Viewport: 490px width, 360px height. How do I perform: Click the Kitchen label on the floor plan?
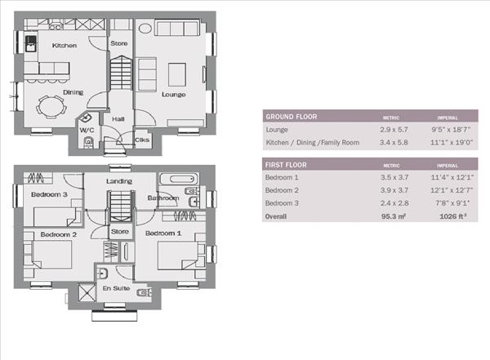click(x=65, y=46)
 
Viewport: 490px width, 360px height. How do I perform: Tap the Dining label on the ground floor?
click(x=73, y=92)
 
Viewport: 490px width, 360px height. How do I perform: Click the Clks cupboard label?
click(x=142, y=140)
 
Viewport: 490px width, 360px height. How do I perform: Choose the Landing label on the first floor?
click(x=119, y=181)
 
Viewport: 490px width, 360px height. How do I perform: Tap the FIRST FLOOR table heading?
click(x=287, y=164)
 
